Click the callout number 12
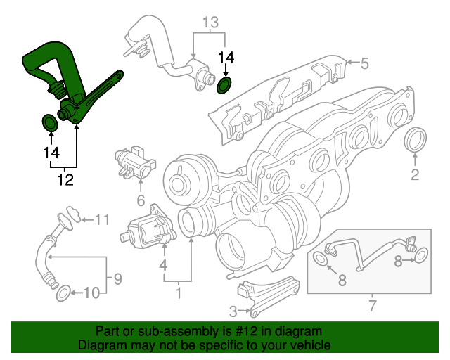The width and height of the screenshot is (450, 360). [65, 181]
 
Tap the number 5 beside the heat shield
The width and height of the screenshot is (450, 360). [364, 64]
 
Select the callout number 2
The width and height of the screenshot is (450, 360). [415, 174]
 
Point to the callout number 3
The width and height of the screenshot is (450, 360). [233, 310]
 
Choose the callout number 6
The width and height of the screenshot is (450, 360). [141, 200]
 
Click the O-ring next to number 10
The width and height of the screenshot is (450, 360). [62, 292]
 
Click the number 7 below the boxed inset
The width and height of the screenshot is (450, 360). [373, 305]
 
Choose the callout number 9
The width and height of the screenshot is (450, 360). [117, 278]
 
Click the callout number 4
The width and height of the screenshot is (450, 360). [163, 266]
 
